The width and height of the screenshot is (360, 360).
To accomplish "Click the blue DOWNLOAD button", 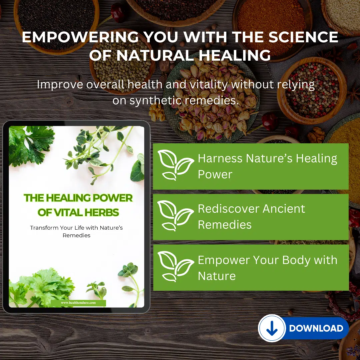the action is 304,328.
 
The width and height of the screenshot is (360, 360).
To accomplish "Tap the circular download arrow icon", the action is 272,328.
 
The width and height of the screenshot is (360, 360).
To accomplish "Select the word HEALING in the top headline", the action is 234,55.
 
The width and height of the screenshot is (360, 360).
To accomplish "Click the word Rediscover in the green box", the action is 228,209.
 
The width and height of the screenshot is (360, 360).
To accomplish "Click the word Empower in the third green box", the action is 224,260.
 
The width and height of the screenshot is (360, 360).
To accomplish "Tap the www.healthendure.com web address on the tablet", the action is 78,303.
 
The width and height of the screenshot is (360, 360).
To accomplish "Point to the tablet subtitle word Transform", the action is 44,228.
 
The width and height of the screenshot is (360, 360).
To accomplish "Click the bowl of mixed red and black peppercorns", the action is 312,90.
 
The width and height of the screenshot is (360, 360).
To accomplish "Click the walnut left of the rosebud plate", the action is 157,112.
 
